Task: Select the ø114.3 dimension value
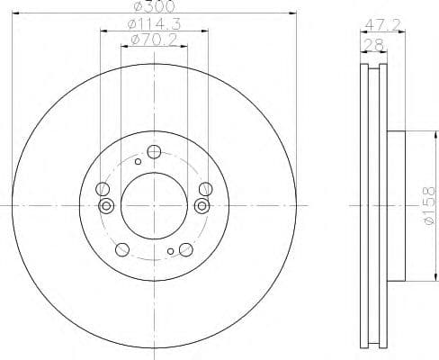[153, 24]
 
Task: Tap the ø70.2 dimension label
[153, 40]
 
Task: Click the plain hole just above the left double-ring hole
[103, 189]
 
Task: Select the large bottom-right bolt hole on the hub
[185, 249]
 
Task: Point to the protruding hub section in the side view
[394, 205]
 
